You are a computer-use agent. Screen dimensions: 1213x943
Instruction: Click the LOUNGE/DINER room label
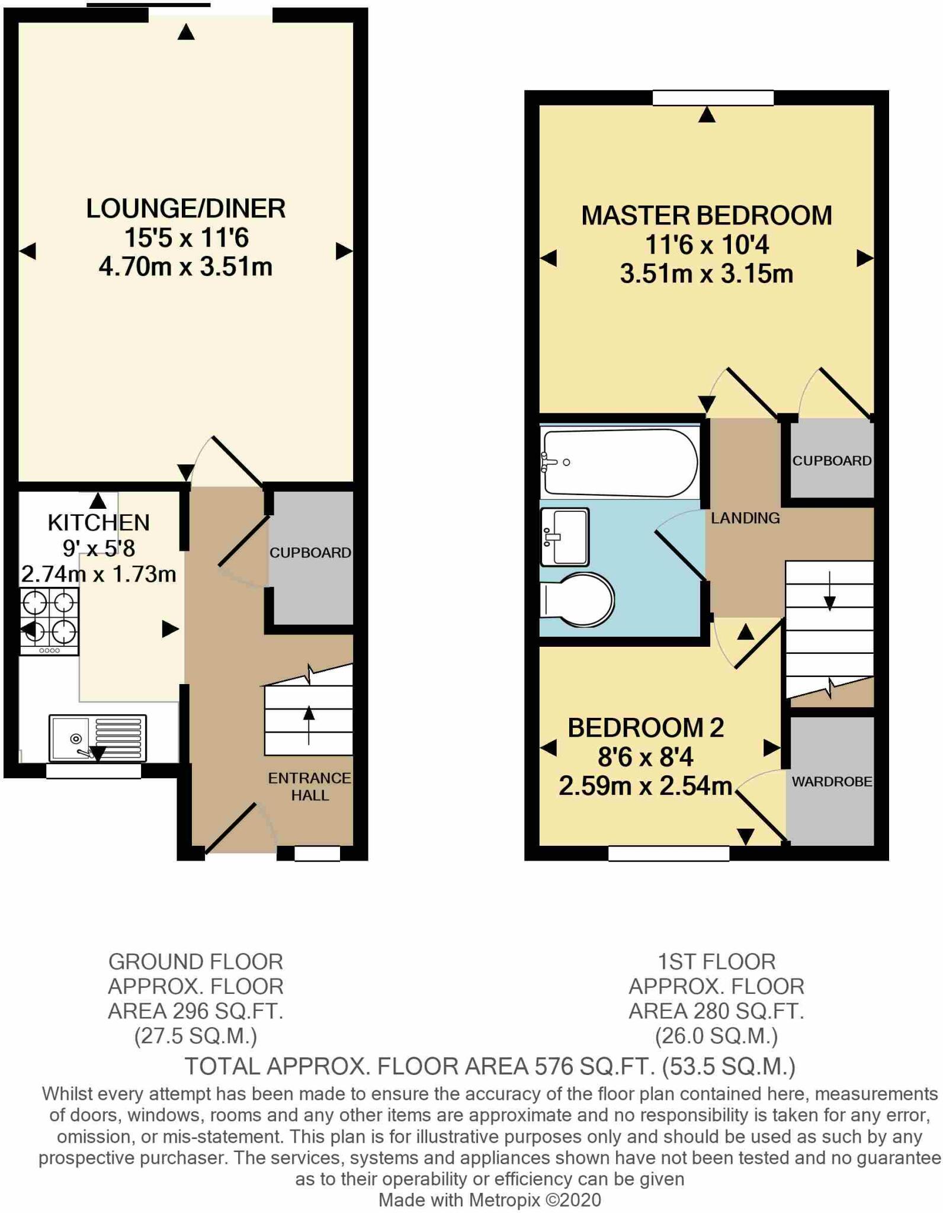pos(185,208)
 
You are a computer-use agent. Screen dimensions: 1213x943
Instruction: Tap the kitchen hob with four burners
pos(49,621)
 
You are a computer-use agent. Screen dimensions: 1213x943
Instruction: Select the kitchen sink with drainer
pos(97,738)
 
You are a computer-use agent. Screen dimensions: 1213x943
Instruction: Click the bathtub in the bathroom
pos(620,463)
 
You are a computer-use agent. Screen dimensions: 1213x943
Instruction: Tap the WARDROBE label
pos(831,781)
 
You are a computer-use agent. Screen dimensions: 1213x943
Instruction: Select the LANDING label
pos(745,518)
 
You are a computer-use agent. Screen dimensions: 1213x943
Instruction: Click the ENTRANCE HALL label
pos(309,786)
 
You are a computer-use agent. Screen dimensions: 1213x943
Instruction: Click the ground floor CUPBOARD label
pos(310,553)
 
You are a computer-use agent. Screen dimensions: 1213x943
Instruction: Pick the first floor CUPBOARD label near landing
pos(832,461)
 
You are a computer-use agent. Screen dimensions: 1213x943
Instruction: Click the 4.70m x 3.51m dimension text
pos(185,267)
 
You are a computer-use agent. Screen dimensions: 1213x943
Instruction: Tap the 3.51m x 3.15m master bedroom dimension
pos(706,274)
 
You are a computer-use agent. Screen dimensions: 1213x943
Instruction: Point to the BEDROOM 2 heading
pos(646,728)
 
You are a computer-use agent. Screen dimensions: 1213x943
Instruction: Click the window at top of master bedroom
pos(713,98)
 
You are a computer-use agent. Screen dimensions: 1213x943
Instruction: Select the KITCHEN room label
pos(98,522)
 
